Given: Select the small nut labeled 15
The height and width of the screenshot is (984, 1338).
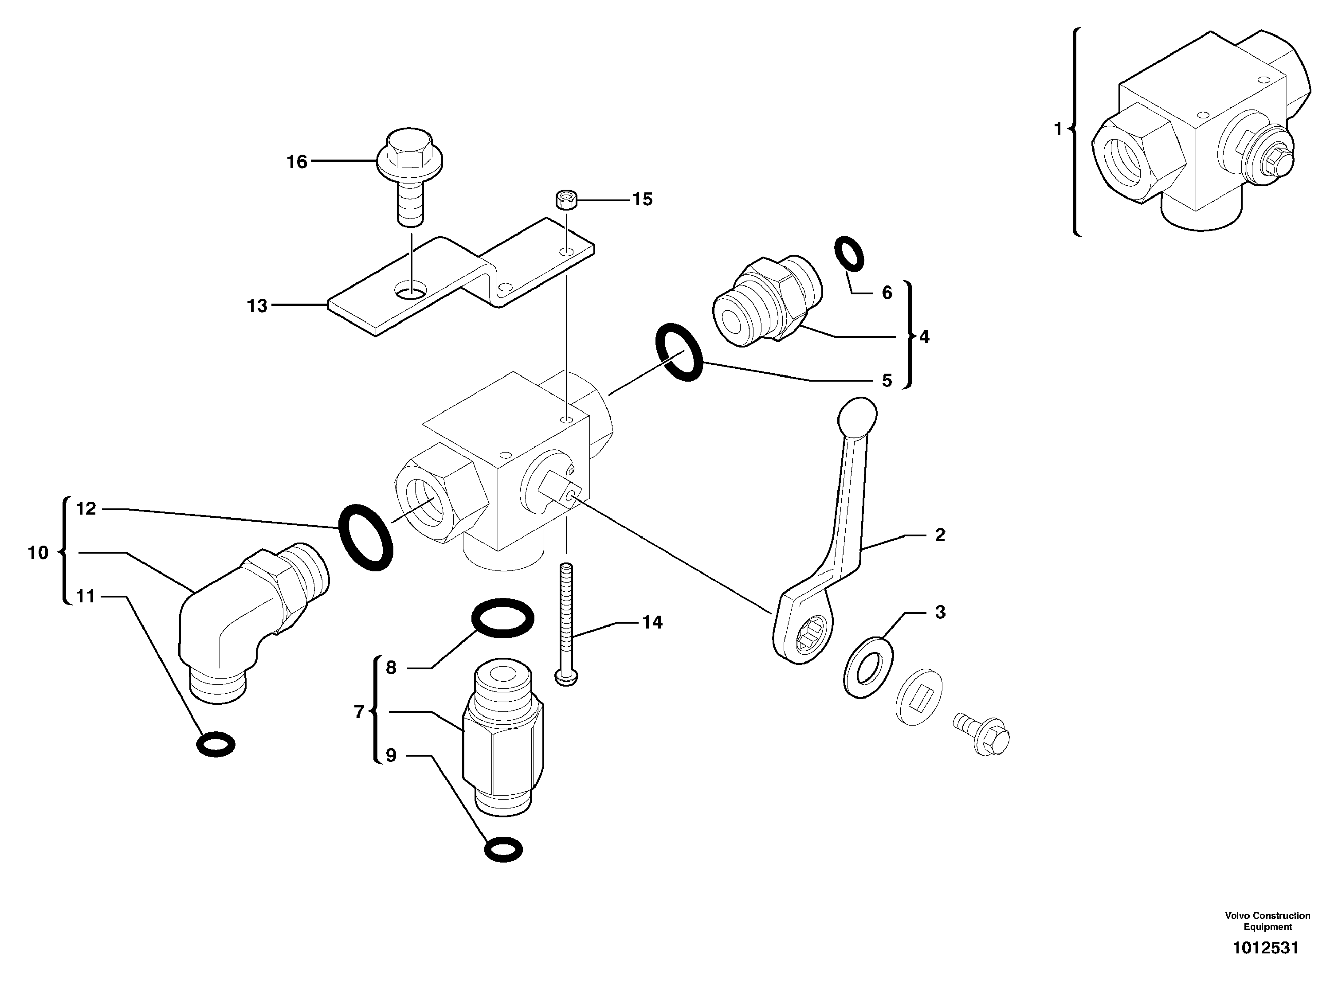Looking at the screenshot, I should [x=565, y=199].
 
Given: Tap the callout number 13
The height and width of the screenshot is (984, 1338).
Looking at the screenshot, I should [x=258, y=306].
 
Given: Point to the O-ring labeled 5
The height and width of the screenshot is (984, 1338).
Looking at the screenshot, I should [x=679, y=353].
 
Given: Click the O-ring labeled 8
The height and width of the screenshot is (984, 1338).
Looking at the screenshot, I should [x=502, y=618].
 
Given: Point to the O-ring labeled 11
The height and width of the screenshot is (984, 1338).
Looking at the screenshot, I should [x=216, y=743].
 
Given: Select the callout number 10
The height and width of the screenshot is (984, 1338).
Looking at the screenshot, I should [x=38, y=553].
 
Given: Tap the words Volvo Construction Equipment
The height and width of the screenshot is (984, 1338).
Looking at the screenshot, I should [x=1267, y=921].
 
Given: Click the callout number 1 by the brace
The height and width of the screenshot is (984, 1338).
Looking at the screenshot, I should [x=1058, y=129].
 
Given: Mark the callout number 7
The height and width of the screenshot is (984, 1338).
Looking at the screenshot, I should [x=359, y=712].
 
